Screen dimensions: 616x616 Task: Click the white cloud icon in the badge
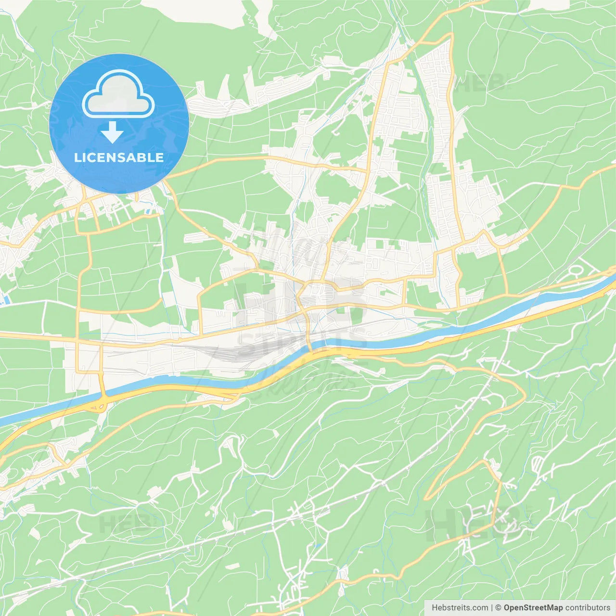coord(118,94)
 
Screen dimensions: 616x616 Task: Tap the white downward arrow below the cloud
coord(113,132)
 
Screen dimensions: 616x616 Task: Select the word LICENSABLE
coord(119,157)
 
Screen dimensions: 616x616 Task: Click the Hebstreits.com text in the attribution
coord(460,608)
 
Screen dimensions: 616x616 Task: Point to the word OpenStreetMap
coord(533,608)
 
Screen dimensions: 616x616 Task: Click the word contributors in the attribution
coord(588,608)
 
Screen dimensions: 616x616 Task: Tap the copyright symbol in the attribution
coord(499,608)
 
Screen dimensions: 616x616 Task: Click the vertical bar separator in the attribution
coord(492,608)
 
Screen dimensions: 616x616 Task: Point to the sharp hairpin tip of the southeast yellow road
coord(426,498)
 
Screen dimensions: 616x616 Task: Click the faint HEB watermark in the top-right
coord(481,83)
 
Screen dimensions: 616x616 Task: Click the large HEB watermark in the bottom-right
coord(476,522)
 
